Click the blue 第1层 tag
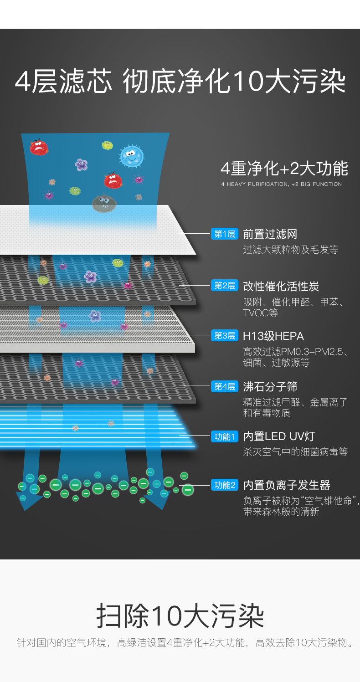224,234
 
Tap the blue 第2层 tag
224,286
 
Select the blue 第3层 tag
224,336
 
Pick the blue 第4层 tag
224,387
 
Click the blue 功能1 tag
224,436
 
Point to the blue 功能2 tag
224,485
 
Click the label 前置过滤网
270,234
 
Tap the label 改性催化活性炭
281,286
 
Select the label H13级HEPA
273,336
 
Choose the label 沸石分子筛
270,387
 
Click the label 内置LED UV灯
279,436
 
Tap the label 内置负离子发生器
286,485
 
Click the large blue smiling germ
132,156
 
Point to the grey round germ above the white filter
102,203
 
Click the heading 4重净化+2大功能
284,169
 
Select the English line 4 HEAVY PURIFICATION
281,184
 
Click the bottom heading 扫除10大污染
180,616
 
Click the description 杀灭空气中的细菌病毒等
295,452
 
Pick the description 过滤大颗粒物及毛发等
290,250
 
